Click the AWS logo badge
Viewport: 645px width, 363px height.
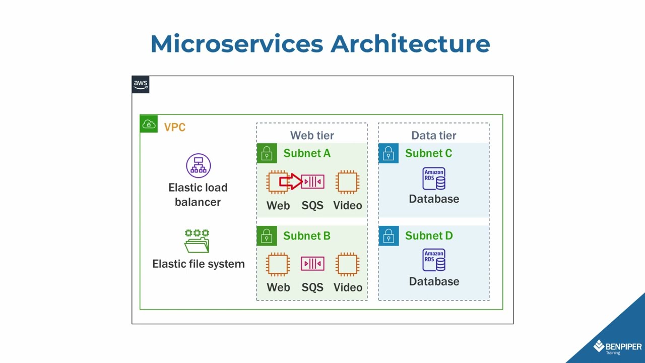141,85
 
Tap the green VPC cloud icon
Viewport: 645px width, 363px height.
149,124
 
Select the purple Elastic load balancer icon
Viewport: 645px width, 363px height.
198,166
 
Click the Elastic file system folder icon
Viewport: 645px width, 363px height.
197,241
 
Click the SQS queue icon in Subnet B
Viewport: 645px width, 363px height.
312,264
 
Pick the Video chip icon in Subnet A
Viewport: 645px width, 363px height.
347,182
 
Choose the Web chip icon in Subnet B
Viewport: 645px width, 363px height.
278,264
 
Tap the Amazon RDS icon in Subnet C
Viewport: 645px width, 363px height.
434,178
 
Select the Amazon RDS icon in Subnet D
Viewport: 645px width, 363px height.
434,260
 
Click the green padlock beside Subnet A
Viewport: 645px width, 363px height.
267,153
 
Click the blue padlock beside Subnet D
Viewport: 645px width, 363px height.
389,235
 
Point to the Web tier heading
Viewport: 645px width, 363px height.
312,135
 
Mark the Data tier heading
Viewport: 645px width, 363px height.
434,135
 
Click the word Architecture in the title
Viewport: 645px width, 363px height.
410,44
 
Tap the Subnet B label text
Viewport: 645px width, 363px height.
307,235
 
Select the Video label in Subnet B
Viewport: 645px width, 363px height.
348,287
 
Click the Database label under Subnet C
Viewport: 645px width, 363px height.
434,199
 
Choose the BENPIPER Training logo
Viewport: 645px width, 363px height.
617,347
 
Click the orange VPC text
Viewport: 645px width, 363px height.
175,127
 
